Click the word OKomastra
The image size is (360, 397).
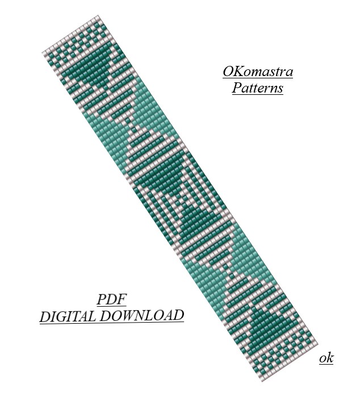258,72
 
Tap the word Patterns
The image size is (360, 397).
257,88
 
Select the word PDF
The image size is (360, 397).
111,299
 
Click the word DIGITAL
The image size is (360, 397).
68,316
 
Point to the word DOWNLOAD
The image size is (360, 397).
141,315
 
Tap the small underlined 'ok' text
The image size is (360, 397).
326,358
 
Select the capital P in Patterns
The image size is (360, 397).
237,87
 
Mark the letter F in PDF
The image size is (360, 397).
122,299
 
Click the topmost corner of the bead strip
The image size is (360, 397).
98,16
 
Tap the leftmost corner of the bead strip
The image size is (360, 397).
42,52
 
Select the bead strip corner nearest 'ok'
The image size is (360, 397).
317,344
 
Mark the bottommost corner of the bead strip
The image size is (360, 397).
262,381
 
